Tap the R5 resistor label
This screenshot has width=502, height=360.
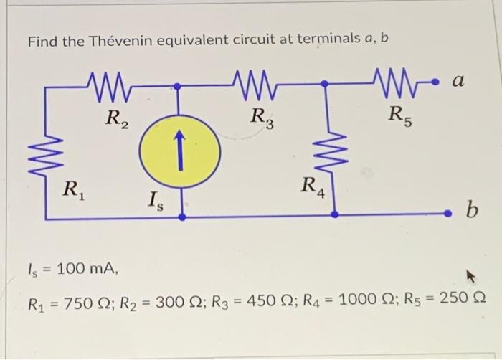coord(398,115)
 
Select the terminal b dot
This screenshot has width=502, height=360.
coord(449,213)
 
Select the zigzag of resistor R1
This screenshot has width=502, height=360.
coord(47,150)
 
